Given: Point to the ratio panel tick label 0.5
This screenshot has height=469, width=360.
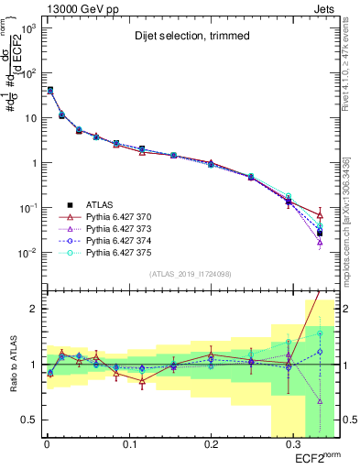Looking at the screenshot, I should click(x=27, y=420).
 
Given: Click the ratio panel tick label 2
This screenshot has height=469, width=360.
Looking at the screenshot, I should click(x=32, y=310).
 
